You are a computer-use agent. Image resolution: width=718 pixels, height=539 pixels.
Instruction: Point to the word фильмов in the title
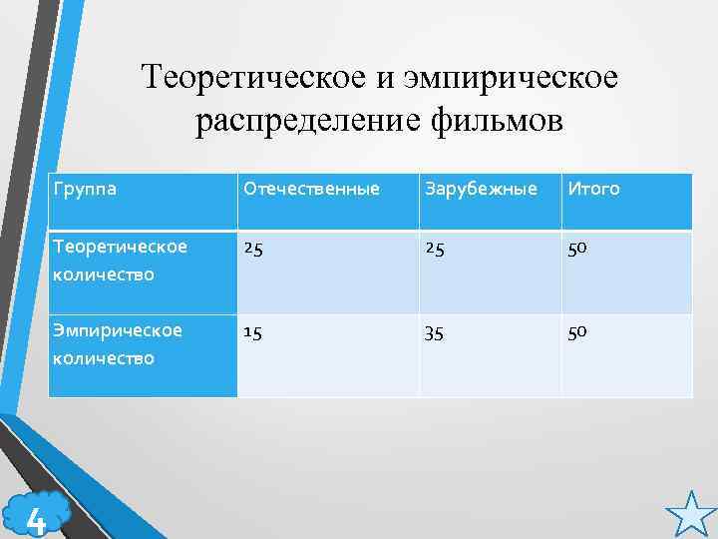(499, 121)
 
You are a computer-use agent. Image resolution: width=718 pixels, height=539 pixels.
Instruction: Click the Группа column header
(87, 188)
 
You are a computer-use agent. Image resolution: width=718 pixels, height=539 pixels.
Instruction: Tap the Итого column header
(594, 188)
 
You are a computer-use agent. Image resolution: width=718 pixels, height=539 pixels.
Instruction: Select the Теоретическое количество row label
(120, 259)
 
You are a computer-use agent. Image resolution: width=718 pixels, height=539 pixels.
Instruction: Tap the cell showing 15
(254, 330)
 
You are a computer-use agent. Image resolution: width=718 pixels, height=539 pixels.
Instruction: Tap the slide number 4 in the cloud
(36, 518)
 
